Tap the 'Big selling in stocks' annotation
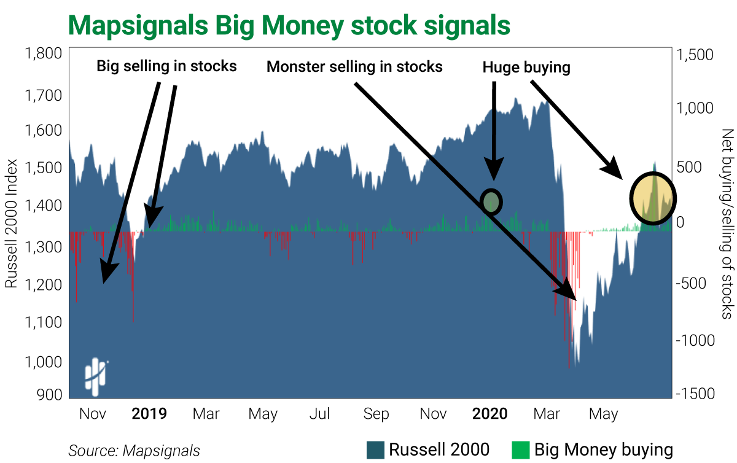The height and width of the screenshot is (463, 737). [x=166, y=66]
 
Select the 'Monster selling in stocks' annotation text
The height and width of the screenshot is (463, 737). [x=354, y=66]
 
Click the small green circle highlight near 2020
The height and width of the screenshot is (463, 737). [x=491, y=201]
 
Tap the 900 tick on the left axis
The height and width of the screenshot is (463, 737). [x=50, y=394]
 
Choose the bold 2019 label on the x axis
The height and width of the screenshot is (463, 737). [x=149, y=414]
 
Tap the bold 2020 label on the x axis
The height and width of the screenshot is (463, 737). [x=490, y=414]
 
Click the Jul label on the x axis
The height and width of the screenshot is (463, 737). [x=319, y=414]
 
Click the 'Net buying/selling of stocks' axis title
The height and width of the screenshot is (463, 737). [x=727, y=224]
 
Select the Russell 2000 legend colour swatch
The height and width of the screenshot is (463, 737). [x=375, y=450]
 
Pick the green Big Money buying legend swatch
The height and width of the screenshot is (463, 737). [x=520, y=450]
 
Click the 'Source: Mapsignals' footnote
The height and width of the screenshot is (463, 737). [x=134, y=451]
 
